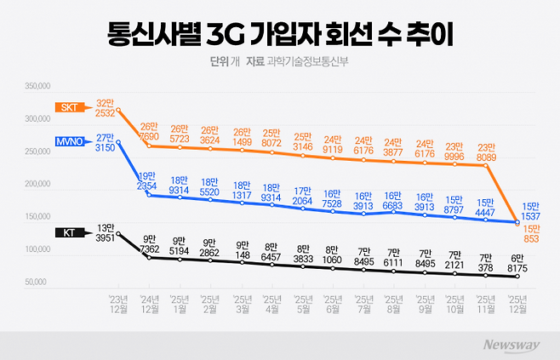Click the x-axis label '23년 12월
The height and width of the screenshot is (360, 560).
tap(118, 303)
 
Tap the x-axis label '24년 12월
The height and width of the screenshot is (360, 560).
tap(149, 303)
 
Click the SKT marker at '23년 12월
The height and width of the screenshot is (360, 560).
tap(118, 110)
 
